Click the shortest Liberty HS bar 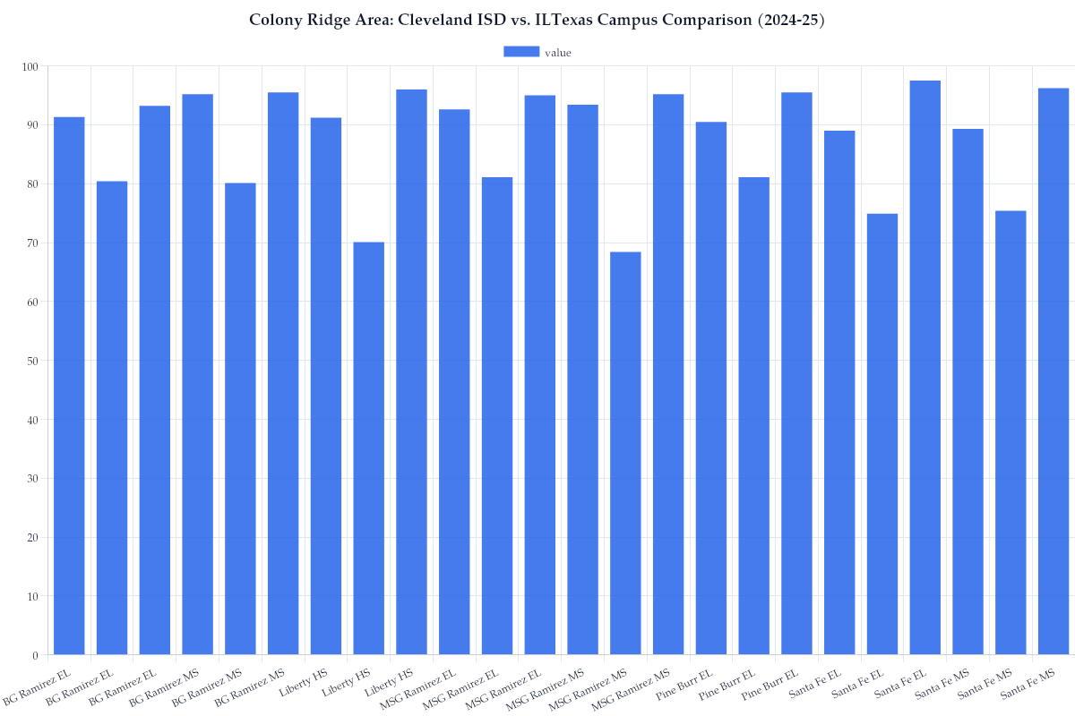[369, 447]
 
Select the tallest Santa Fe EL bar [925, 367]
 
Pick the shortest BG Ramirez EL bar [112, 417]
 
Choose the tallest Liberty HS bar [411, 371]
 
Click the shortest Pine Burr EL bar [754, 415]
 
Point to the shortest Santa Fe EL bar [882, 434]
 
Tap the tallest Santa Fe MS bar [1053, 371]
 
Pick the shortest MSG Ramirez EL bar [497, 415]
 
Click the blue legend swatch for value [521, 52]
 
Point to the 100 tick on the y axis [30, 66]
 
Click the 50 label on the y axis [32, 361]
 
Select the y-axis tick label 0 [35, 655]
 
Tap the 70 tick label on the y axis [32, 243]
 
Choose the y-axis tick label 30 [32, 479]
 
